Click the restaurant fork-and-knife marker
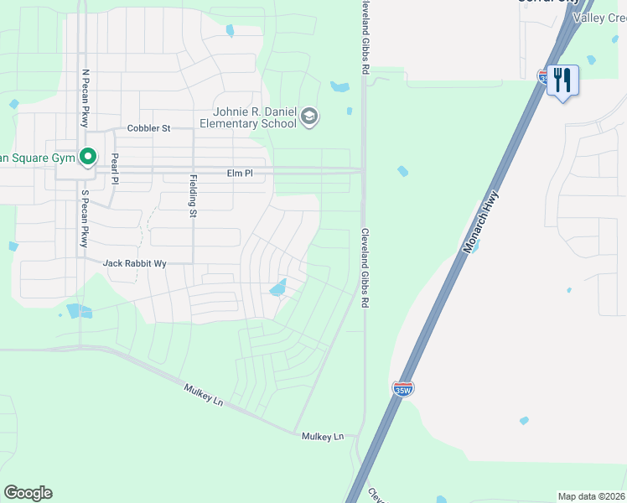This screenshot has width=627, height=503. coord(562,81)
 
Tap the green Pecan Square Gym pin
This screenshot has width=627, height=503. coord(87,157)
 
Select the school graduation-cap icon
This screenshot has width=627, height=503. coord(308,117)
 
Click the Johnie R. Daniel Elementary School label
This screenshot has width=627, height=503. coord(248,117)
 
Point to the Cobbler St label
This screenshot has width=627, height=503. coord(148,128)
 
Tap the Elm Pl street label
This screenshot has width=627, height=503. coord(240,173)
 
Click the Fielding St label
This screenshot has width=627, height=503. coord(193,195)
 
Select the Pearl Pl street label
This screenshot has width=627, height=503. coord(115,169)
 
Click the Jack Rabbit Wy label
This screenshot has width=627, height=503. coord(134,263)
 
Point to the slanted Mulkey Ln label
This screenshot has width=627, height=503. coord(204,394)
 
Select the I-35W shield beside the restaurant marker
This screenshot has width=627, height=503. coord(543,76)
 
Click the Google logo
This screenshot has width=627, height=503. coord(28,493)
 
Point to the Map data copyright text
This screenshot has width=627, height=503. coord(592,496)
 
